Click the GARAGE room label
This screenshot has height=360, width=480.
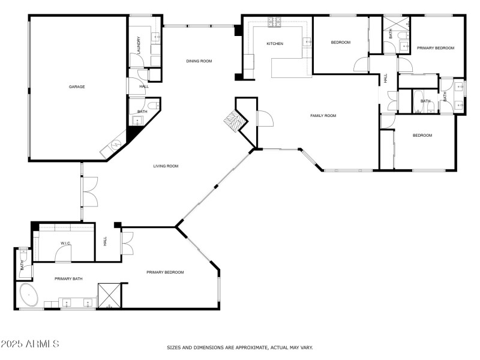tap(77, 87)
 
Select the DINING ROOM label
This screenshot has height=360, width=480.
tap(199, 60)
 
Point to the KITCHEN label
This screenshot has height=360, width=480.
tap(275, 44)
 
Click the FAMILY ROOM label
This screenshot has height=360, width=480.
tap(323, 116)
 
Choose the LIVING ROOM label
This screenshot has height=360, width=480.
tap(166, 166)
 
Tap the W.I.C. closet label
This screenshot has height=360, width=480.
tap(66, 244)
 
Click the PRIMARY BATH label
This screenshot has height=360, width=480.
tap(68, 278)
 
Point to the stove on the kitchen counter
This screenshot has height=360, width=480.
tap(275, 22)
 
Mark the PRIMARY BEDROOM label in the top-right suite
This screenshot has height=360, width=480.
tap(436, 48)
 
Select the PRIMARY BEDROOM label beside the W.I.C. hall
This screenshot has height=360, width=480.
tap(165, 272)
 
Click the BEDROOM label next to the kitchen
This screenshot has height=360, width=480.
tap(340, 42)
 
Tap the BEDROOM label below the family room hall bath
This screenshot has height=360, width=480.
tap(422, 136)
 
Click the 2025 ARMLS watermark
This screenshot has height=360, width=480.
tap(30, 344)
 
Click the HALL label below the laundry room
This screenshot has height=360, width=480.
tap(144, 86)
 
